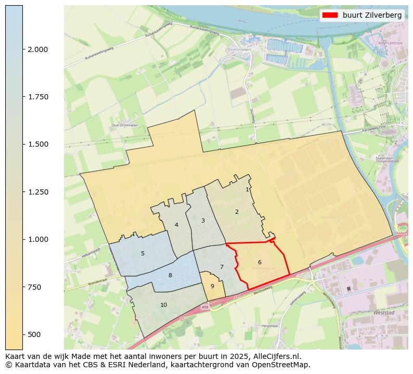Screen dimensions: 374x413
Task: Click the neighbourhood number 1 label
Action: (247, 190)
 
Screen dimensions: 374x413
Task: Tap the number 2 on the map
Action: (237, 212)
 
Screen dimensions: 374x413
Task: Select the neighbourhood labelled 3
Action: (203, 221)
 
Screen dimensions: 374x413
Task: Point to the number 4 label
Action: (177, 225)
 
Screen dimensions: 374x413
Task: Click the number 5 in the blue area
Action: (143, 254)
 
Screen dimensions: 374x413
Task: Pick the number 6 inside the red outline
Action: (260, 262)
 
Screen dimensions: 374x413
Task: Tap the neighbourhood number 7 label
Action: (222, 267)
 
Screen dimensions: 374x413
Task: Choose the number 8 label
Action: (170, 276)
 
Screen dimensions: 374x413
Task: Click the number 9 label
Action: (212, 286)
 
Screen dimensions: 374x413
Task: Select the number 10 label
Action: (164, 305)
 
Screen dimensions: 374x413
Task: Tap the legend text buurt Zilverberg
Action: (372, 15)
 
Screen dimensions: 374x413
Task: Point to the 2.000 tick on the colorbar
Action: (37, 49)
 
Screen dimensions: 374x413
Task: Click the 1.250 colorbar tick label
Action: (37, 192)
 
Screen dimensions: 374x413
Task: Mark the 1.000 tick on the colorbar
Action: (37, 239)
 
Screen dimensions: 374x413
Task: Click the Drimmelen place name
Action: (239, 50)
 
